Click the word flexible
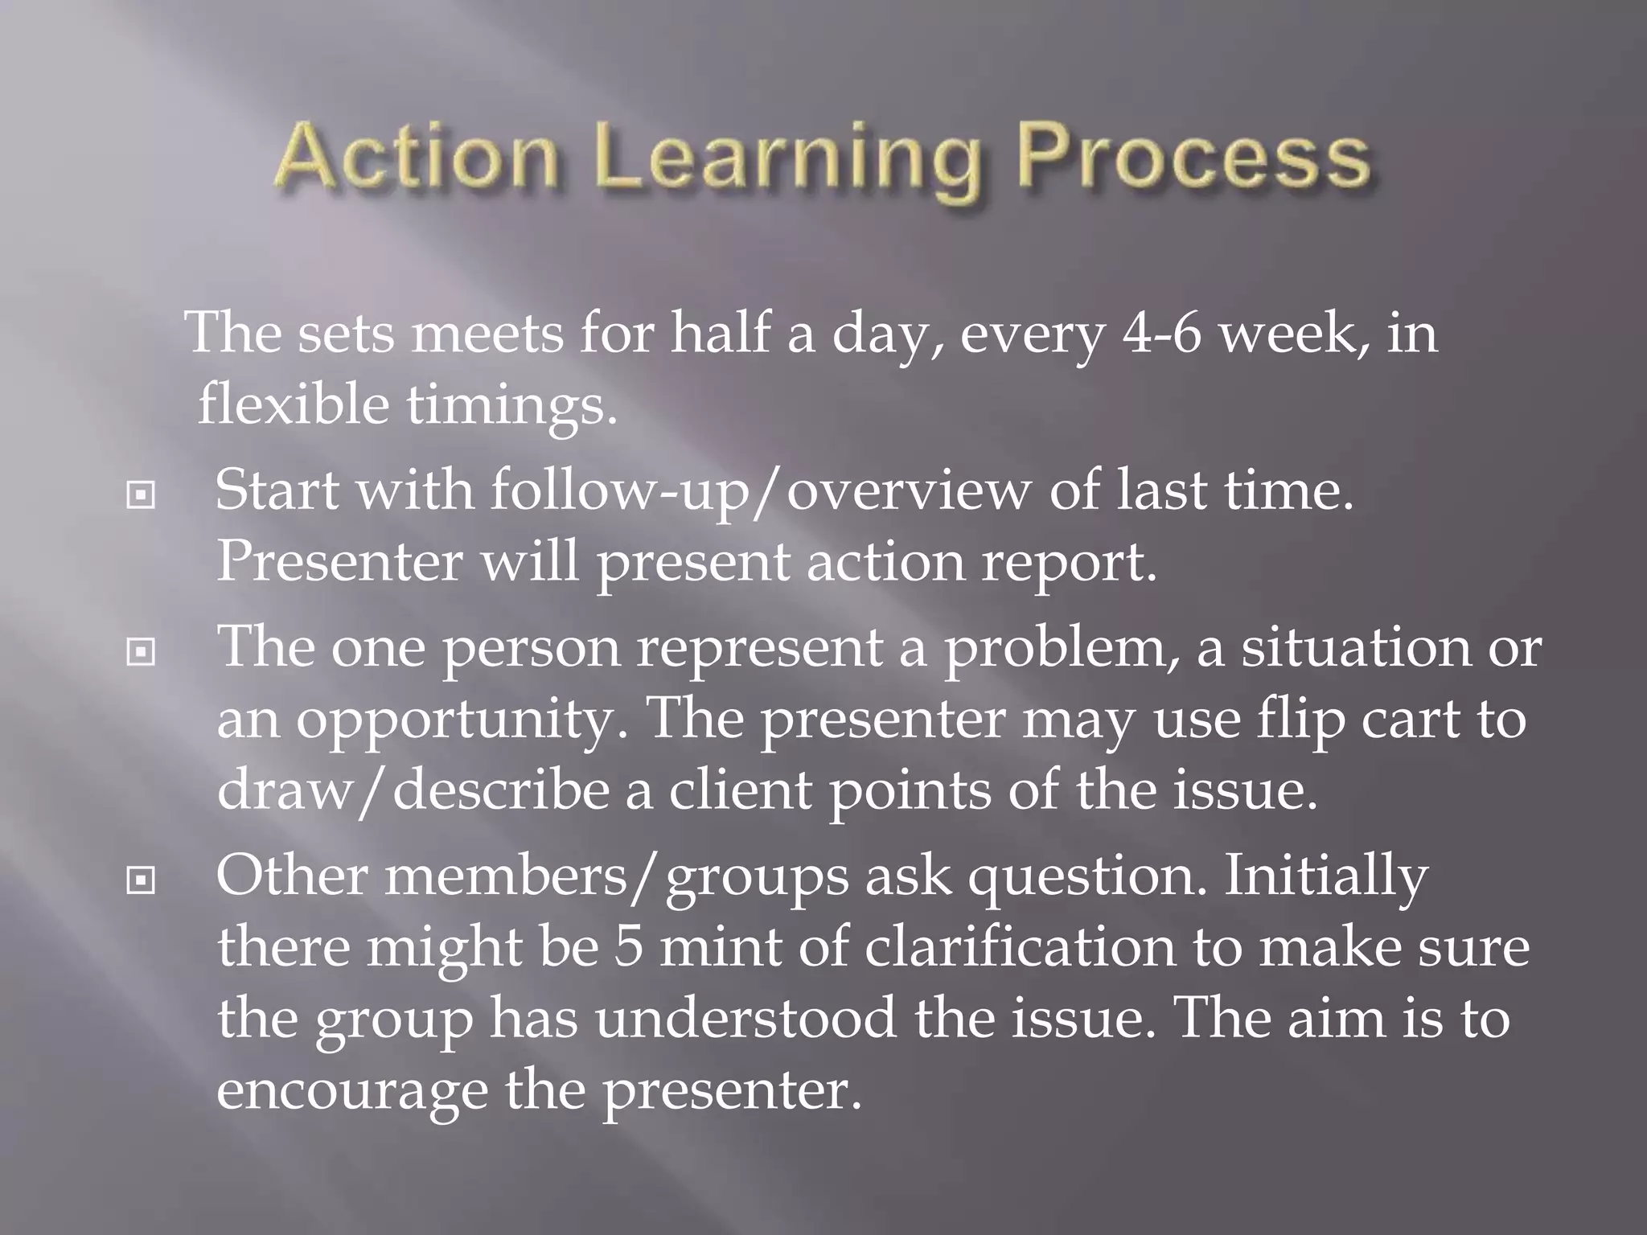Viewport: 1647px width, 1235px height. tap(293, 404)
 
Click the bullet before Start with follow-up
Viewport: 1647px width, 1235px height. tap(141, 495)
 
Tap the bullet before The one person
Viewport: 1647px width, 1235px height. tap(141, 652)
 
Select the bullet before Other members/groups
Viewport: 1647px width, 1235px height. tap(141, 881)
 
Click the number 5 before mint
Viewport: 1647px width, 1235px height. tap(628, 948)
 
